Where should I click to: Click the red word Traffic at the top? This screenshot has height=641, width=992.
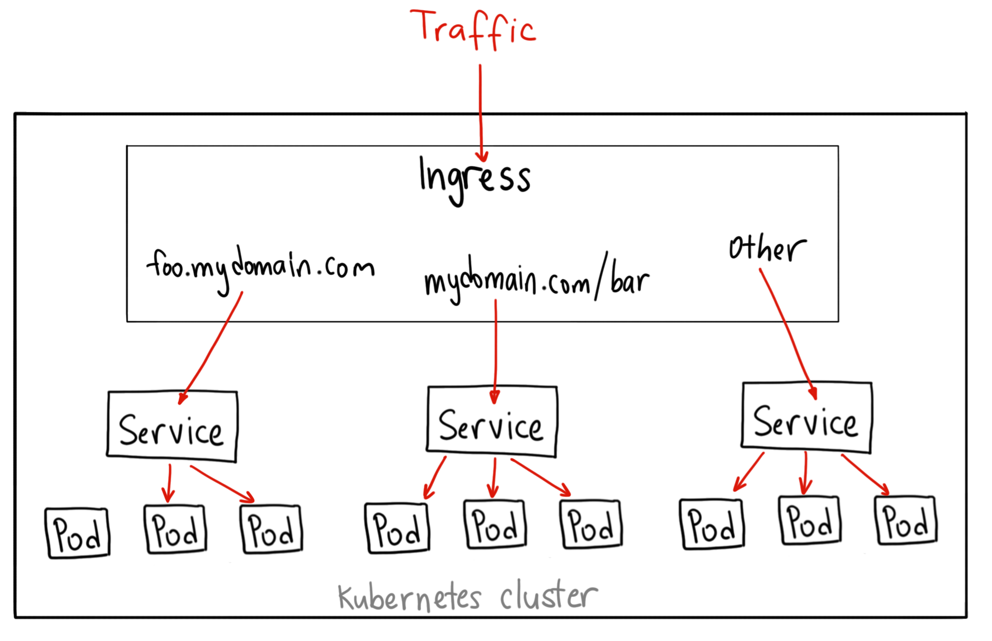coord(472,29)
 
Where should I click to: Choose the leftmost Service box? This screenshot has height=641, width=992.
coord(172,426)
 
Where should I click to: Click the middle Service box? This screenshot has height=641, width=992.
coord(491,422)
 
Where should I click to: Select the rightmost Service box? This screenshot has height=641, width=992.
coord(806,418)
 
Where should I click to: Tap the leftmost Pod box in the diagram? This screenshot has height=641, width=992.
coord(77,533)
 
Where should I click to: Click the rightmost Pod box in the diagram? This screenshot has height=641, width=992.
coord(906,520)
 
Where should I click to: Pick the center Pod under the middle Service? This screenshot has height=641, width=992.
coord(495,525)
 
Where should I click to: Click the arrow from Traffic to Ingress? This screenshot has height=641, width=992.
coord(480,112)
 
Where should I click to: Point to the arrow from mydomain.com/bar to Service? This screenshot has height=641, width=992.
coord(495,350)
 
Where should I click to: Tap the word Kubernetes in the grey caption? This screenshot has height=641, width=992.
coord(409,598)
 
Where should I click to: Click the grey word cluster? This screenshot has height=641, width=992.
coord(548,596)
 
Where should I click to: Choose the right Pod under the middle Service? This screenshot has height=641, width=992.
coord(591,525)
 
